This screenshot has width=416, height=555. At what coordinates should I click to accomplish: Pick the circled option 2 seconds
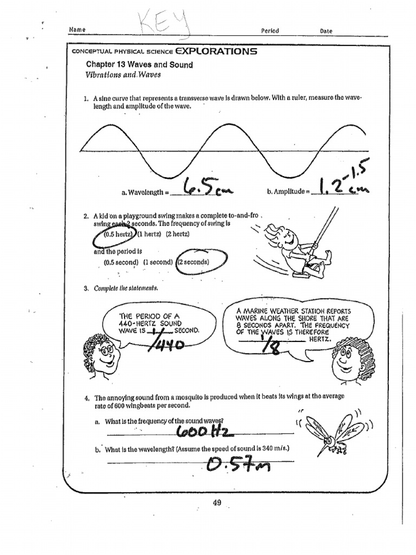tap(193, 262)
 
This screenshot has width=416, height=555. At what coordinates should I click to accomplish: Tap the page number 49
tap(217, 502)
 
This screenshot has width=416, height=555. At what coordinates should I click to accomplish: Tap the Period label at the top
tap(270, 31)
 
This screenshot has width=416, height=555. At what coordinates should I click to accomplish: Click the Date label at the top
tap(326, 31)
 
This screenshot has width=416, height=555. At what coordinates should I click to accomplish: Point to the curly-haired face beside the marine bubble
tap(346, 361)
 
